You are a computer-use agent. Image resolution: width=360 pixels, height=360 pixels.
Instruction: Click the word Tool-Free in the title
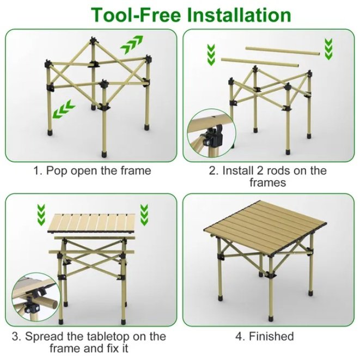click(129, 14)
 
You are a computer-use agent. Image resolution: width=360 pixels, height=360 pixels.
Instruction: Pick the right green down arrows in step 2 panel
click(328, 50)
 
